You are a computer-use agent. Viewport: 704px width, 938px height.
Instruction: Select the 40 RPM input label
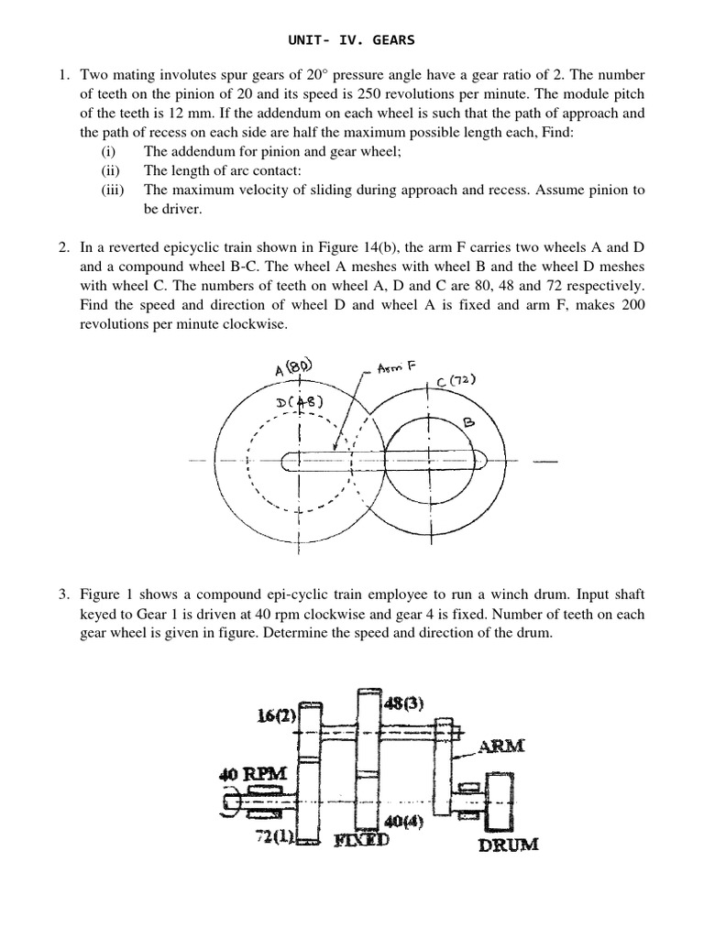click(253, 774)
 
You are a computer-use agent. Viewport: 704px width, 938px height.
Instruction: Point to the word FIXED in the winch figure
click(360, 840)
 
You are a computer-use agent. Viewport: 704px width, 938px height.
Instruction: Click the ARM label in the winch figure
click(500, 747)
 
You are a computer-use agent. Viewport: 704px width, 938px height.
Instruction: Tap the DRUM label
click(508, 844)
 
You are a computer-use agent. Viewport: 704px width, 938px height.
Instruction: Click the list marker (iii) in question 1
click(114, 190)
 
